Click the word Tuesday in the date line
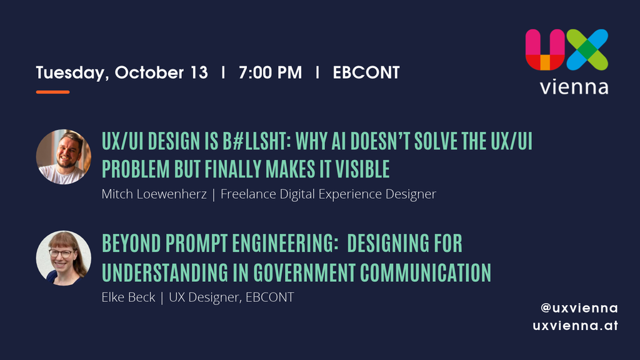point(72,73)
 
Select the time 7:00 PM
point(270,72)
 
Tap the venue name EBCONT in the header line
point(366,72)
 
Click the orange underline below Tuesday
point(52,92)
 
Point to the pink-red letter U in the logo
point(545,49)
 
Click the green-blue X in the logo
point(587,49)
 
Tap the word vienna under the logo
point(574,87)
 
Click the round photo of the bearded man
point(64,157)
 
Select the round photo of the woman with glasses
point(64,258)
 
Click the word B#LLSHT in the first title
point(257,141)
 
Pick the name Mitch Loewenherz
point(154,194)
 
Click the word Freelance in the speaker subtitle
point(248,194)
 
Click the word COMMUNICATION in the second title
point(425,273)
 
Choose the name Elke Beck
point(128,297)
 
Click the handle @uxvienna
point(579,308)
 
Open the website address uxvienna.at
point(575,326)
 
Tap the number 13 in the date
point(199,72)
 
